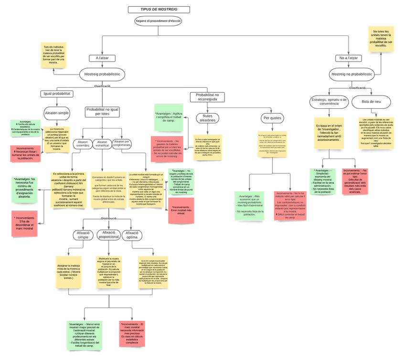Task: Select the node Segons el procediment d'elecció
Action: pos(158,21)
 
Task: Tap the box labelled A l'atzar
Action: pos(103,58)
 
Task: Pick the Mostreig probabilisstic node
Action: pos(102,74)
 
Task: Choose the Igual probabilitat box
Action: pos(57,94)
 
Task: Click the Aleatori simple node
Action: pos(57,113)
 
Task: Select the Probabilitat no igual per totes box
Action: pos(102,112)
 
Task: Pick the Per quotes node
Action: pos(273,117)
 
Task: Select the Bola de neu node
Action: pos(371,102)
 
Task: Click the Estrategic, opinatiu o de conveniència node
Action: pos(329,102)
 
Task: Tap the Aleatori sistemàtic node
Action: pos(83,144)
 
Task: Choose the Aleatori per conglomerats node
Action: pos(122,144)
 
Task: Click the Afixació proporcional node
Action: pos(108,234)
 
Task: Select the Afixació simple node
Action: pos(83,235)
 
